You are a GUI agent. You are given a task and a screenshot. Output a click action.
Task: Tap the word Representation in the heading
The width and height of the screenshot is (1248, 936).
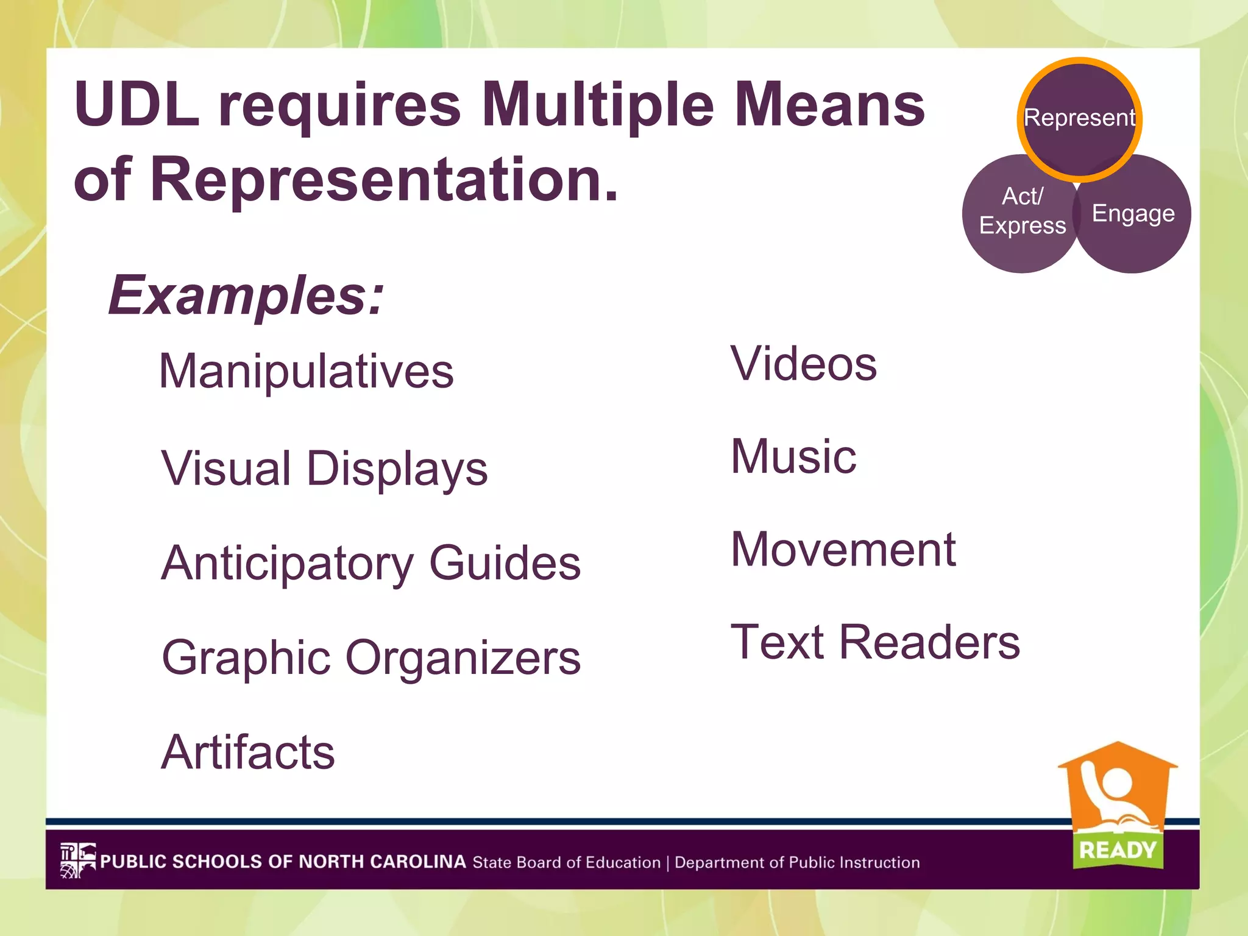pos(384,179)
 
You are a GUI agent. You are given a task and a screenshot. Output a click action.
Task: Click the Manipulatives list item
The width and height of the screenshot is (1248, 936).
pos(306,371)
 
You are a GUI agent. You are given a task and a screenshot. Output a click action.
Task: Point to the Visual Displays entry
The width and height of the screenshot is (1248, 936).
pos(324,469)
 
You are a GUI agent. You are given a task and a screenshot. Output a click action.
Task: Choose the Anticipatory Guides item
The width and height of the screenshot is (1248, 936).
pos(370,563)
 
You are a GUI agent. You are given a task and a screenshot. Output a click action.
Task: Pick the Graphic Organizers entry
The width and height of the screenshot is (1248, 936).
pos(370,658)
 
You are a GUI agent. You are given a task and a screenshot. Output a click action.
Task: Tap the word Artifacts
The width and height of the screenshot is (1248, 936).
pos(248,752)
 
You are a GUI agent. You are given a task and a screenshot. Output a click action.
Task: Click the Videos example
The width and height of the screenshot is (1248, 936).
pos(803,364)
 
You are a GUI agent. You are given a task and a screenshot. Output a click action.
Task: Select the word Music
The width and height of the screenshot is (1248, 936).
pos(793,456)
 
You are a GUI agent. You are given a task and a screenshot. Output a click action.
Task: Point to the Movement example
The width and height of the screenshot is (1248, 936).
pos(843,550)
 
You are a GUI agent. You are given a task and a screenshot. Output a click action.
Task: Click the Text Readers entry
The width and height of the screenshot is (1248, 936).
pos(875,642)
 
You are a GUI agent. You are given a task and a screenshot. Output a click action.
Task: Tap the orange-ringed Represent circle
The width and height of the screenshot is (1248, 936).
pos(1079,118)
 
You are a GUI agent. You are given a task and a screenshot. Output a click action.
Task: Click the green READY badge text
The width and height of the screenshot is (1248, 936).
pos(1117,850)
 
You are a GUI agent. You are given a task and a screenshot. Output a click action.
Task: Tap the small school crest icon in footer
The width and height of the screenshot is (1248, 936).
pos(77,860)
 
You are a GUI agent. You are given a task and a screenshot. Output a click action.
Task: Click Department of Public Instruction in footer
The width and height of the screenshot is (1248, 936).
pos(797,863)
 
